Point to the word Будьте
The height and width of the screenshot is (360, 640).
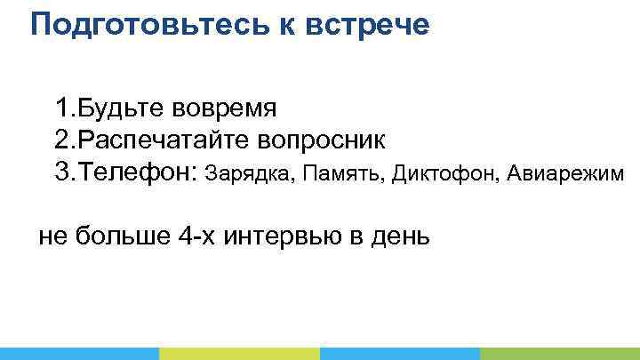tap(119, 108)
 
